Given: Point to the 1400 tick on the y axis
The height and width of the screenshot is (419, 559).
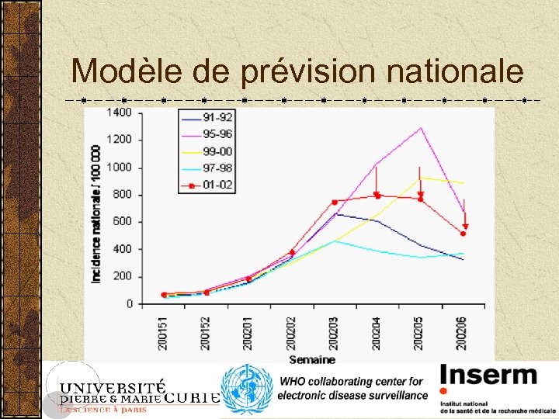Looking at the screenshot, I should (x=120, y=113).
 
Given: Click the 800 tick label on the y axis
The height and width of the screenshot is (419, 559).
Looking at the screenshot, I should (x=123, y=195).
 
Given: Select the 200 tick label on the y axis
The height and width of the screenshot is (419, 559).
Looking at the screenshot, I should (x=123, y=277).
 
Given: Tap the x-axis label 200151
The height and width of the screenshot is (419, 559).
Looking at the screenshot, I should (x=164, y=332).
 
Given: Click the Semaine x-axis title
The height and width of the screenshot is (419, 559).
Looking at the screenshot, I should (x=312, y=359).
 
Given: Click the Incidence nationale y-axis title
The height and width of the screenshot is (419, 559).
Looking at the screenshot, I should (x=97, y=213).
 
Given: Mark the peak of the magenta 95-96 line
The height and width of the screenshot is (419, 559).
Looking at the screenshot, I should (x=421, y=128).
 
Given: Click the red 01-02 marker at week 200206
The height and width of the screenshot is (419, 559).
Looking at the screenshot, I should (x=464, y=234).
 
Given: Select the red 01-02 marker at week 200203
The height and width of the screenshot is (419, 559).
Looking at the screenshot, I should (x=335, y=203).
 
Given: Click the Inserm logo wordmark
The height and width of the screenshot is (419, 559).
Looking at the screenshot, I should (x=488, y=376).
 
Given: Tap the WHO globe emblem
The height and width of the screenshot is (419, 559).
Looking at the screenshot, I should (x=246, y=390).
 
